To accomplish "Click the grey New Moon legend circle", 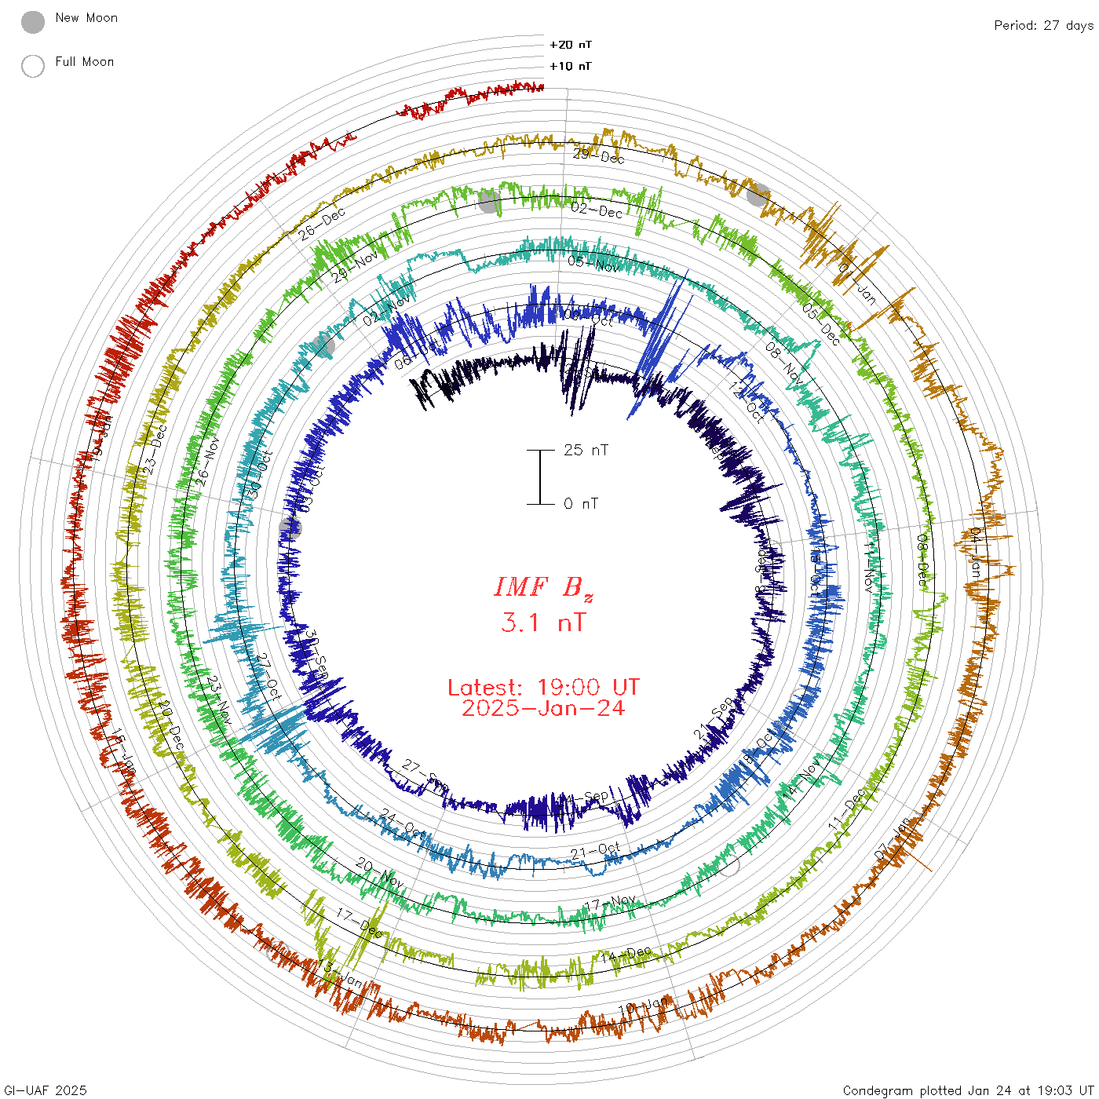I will (33, 23).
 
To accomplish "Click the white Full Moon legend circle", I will (33, 66).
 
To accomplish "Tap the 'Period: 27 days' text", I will (1043, 25).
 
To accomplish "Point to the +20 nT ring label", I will (571, 45).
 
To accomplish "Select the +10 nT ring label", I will (571, 66).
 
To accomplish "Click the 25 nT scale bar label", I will (586, 450).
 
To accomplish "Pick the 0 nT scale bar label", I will (581, 503).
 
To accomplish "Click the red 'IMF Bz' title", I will (543, 587).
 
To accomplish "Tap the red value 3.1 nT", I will (543, 623).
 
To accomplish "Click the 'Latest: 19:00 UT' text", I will (543, 687).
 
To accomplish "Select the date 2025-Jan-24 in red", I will (543, 708).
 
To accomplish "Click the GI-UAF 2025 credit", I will (45, 1090).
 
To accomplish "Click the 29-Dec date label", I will (599, 155).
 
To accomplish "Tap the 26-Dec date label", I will (322, 224).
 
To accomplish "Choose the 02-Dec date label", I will (597, 210).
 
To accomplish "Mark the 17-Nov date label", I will (610, 903).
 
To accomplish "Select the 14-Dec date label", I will (626, 954).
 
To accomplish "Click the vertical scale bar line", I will (540, 477).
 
